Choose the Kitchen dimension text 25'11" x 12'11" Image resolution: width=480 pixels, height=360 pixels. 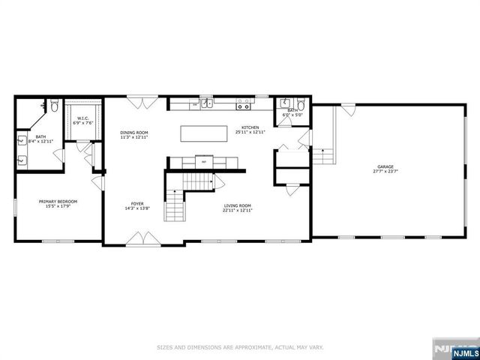250,133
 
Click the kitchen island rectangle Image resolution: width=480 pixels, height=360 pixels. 203,133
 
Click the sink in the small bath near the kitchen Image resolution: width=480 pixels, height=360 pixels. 286,104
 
